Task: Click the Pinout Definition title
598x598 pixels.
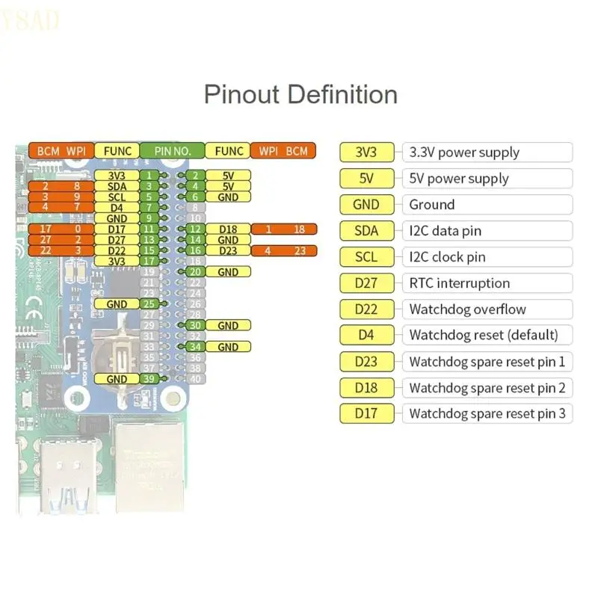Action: (300, 95)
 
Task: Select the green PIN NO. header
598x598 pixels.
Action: (172, 151)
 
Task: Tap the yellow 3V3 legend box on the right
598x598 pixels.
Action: (366, 152)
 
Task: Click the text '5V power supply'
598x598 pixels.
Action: (458, 179)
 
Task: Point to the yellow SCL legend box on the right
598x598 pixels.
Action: (366, 257)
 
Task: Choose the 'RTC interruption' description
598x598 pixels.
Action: (459, 283)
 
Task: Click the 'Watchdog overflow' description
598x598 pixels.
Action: (467, 309)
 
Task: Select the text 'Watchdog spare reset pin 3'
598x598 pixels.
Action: (487, 413)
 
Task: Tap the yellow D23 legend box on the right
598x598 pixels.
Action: (366, 362)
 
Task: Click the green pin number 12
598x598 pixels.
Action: (194, 229)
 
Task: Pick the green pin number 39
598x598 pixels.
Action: (149, 379)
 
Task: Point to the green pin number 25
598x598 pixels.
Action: (149, 304)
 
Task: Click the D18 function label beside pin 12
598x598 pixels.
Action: (228, 229)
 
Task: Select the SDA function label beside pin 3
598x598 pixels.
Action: (117, 186)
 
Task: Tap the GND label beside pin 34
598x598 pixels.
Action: (228, 347)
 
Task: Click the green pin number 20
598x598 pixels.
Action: (194, 272)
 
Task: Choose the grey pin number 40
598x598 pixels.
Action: (194, 379)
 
